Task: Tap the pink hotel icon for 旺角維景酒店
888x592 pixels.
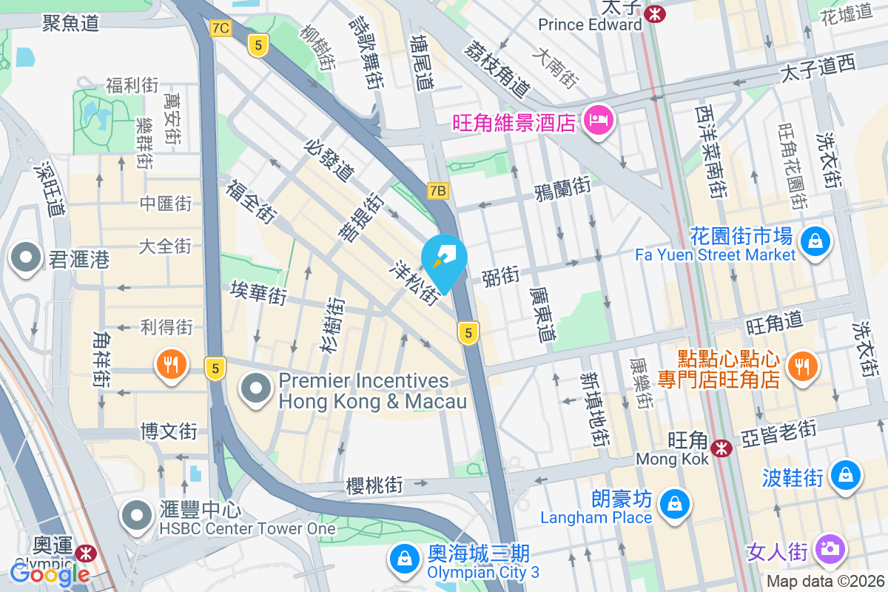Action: pyautogui.click(x=599, y=120)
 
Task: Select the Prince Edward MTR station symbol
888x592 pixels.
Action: pyautogui.click(x=654, y=13)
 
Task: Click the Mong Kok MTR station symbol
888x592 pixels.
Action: pyautogui.click(x=721, y=448)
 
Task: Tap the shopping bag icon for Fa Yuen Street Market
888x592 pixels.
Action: pyautogui.click(x=814, y=242)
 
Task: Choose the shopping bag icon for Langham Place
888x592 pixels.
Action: pyautogui.click(x=674, y=505)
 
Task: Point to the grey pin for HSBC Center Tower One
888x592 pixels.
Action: pyautogui.click(x=137, y=516)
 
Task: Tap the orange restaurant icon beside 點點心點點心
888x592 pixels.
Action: pyautogui.click(x=800, y=364)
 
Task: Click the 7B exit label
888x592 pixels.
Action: pyautogui.click(x=437, y=191)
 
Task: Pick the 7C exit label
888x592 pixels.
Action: pyautogui.click(x=220, y=28)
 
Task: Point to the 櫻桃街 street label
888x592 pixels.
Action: pyautogui.click(x=374, y=485)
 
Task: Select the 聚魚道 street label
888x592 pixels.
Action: pyautogui.click(x=70, y=23)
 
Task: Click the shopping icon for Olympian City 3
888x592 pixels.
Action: pyautogui.click(x=405, y=559)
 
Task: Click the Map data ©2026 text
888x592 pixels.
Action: pyautogui.click(x=824, y=581)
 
